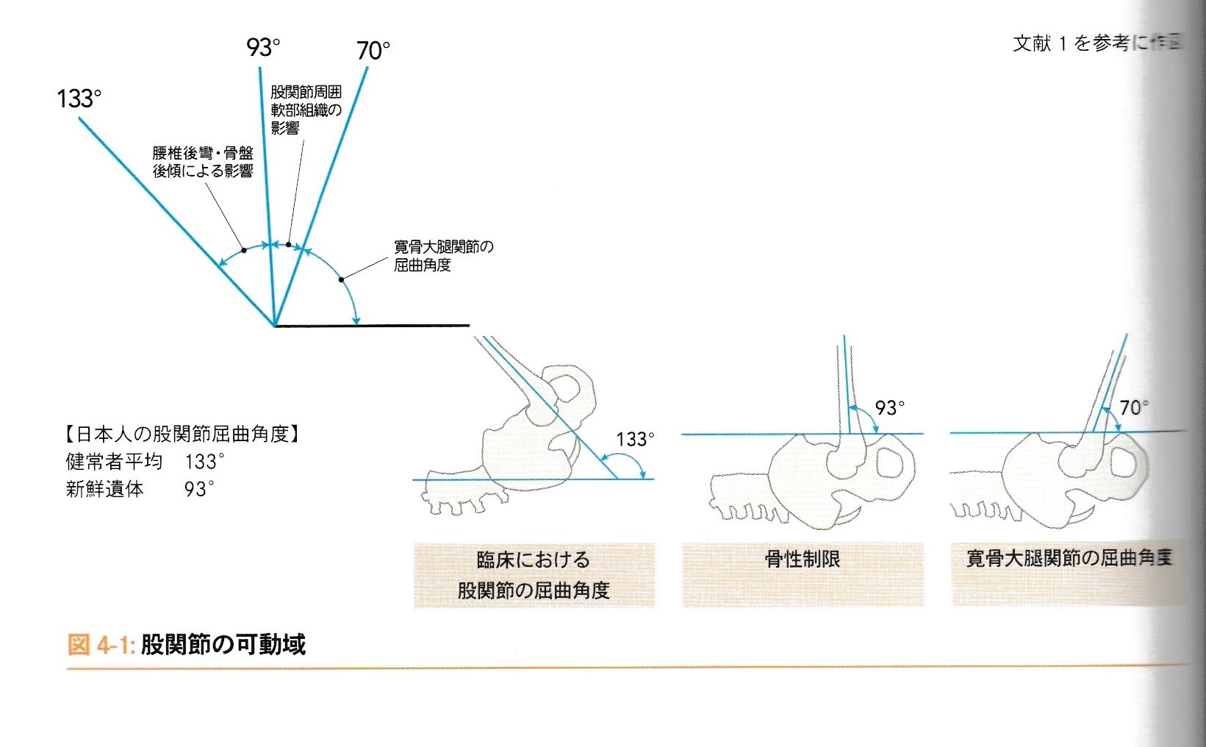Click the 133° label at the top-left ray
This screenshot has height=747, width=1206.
[79, 99]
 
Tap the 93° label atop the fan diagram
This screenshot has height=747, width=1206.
[263, 48]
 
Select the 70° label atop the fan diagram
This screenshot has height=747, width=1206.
[373, 51]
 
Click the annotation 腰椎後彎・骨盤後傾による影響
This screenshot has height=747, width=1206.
[203, 162]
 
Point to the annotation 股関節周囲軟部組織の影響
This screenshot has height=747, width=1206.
[306, 110]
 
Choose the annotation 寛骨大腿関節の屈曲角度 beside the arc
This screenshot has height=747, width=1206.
[443, 256]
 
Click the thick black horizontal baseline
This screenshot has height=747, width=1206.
[372, 325]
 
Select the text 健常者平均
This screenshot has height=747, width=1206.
[114, 462]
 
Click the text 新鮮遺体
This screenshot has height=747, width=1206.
[104, 489]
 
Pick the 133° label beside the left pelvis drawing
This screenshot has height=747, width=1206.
[635, 440]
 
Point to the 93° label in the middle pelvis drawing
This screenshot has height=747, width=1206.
[890, 408]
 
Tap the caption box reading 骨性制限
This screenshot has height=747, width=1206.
[803, 560]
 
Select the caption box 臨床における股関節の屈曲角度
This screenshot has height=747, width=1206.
[534, 575]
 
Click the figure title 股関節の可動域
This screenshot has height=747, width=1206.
[223, 645]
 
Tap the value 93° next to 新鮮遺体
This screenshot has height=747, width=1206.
[199, 489]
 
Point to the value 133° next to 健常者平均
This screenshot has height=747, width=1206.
[204, 462]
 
